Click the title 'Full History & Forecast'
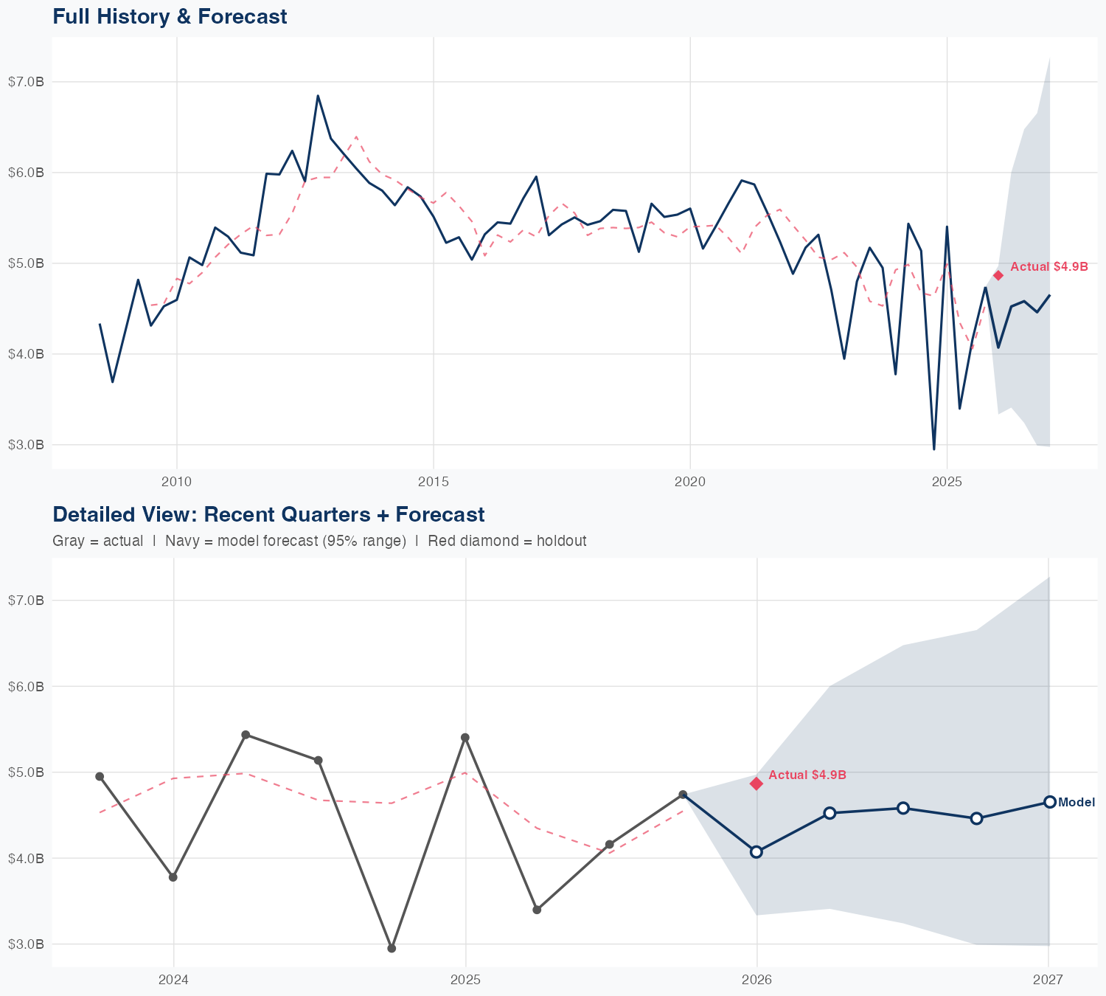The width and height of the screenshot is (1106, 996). (170, 16)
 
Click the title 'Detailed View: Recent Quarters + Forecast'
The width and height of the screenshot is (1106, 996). (268, 514)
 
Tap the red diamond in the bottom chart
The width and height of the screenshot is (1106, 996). (757, 784)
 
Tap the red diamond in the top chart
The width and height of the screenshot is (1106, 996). (998, 275)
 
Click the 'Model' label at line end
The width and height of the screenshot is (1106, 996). (1077, 803)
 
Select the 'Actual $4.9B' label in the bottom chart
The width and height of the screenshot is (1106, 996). (807, 775)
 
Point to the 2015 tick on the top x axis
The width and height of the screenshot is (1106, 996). (434, 483)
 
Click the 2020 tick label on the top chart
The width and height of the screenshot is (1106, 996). (690, 483)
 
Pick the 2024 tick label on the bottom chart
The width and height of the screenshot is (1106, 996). (174, 981)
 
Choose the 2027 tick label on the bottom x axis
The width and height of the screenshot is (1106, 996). (1048, 981)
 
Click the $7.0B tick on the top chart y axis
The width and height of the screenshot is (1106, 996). (26, 82)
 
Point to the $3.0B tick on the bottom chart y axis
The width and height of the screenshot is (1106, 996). (26, 944)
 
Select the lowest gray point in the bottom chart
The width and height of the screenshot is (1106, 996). (392, 948)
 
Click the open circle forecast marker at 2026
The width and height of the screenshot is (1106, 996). (757, 851)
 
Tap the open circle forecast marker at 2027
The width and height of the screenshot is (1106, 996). (1049, 802)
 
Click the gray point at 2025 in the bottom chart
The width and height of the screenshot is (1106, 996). (465, 738)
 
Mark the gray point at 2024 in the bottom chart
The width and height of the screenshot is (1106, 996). (173, 877)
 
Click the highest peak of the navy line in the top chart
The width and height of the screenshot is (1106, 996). (318, 96)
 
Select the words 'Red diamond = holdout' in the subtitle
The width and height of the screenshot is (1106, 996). (507, 541)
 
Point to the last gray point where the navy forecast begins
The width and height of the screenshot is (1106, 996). (683, 795)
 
